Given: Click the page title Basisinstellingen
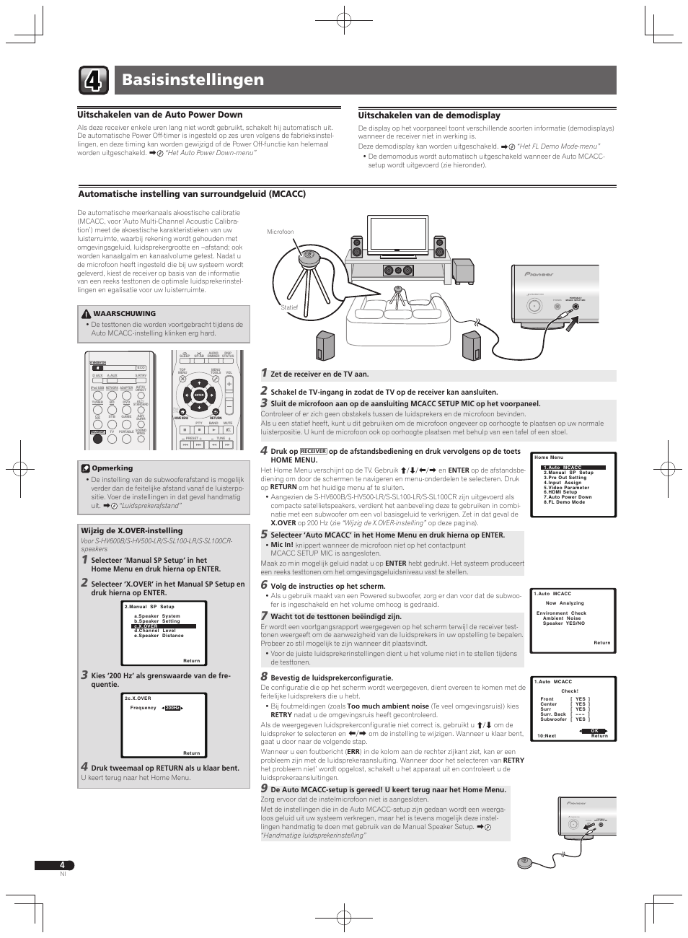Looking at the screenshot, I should click(193, 79).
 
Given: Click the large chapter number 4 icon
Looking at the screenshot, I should click(94, 80).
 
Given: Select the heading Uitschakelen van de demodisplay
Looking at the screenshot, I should click(429, 115).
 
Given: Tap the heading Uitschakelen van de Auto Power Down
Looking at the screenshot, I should click(160, 115).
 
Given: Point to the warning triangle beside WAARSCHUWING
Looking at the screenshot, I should click(86, 314).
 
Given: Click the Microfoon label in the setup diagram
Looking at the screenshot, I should click(281, 232).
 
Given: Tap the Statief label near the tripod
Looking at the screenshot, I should click(289, 307).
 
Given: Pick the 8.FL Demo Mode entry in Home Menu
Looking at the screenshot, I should click(565, 501).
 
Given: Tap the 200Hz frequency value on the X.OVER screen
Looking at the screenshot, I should click(172, 708).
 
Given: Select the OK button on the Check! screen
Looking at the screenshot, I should click(595, 731).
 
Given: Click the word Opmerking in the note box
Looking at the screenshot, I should click(113, 468).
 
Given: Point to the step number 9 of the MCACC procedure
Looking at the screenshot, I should click(264, 789).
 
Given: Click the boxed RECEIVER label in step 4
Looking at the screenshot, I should click(314, 452).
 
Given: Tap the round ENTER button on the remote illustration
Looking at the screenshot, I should click(200, 395).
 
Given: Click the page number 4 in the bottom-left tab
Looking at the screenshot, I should click(62, 865).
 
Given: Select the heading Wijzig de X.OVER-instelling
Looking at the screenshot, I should click(132, 530).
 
